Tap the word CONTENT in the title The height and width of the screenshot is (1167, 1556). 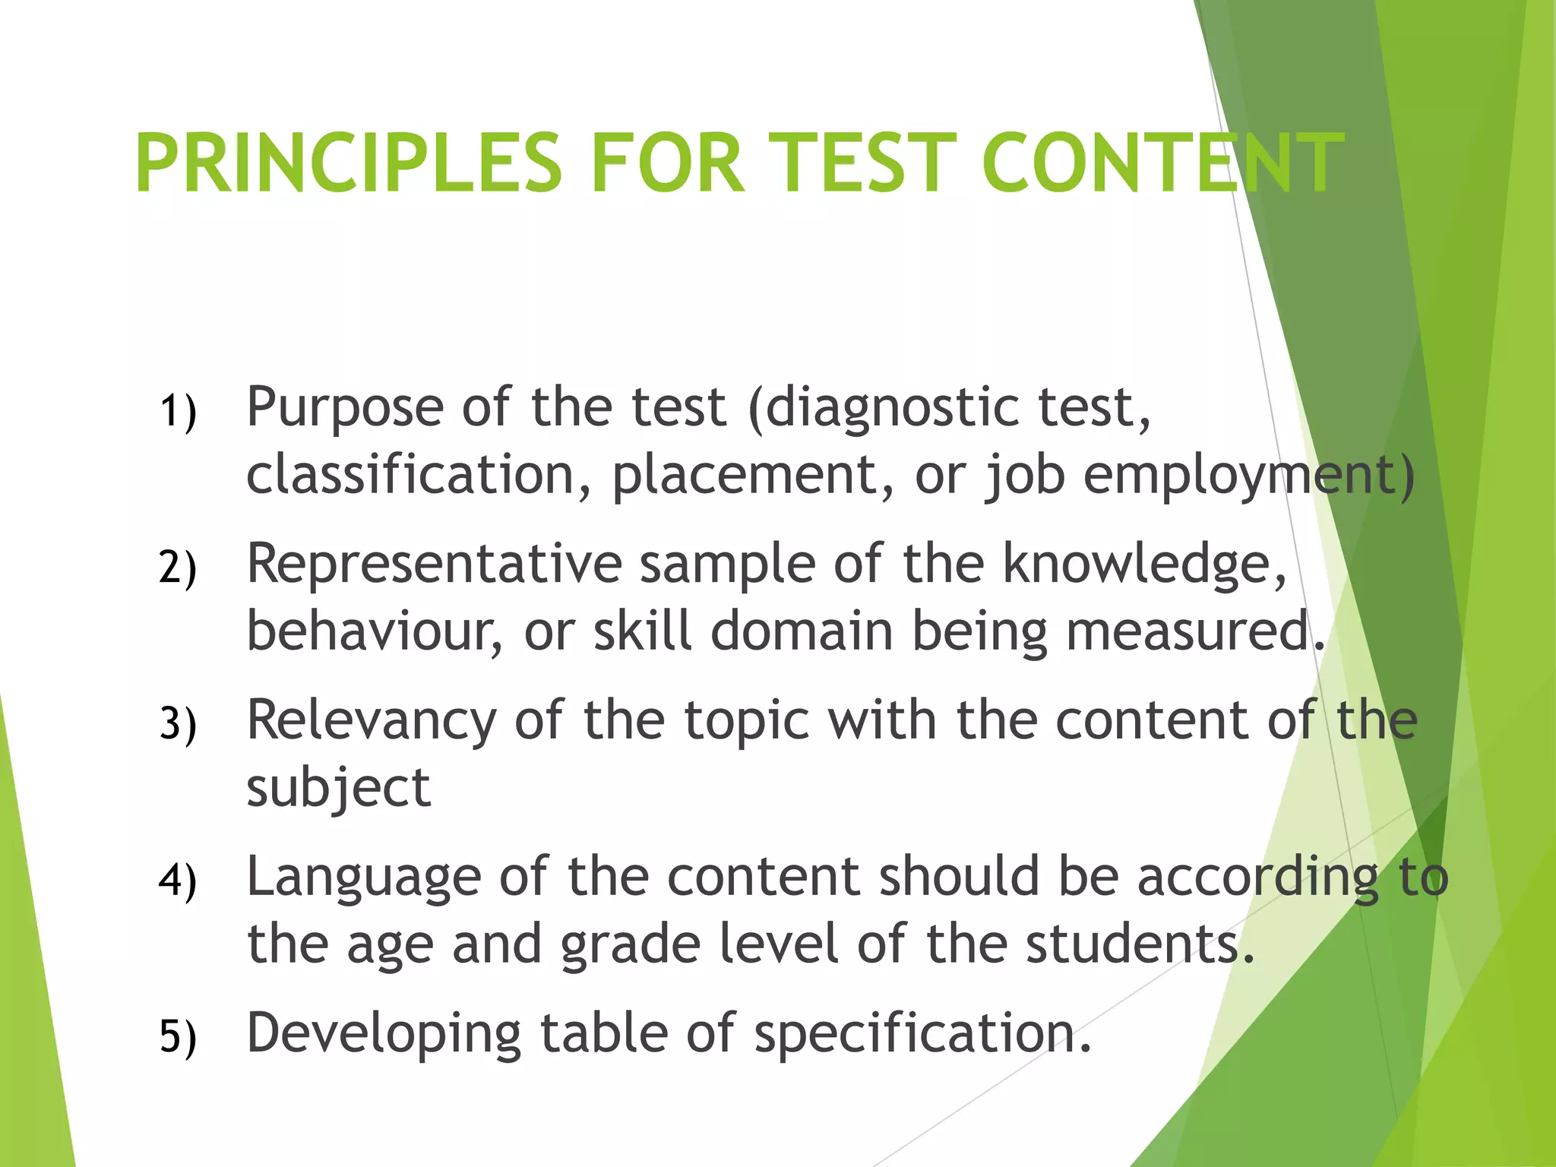click(x=1162, y=163)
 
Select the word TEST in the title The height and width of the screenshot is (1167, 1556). click(x=862, y=163)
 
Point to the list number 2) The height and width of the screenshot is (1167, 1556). click(x=178, y=568)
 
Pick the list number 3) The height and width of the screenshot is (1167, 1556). click(x=178, y=724)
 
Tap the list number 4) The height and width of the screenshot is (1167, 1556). click(x=178, y=881)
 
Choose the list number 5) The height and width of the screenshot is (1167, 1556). click(x=178, y=1037)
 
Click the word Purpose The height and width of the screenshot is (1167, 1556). click(x=345, y=409)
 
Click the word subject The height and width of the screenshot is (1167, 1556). click(x=339, y=789)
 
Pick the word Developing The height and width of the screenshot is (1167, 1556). click(x=384, y=1034)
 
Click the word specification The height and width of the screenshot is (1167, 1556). click(x=922, y=1034)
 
